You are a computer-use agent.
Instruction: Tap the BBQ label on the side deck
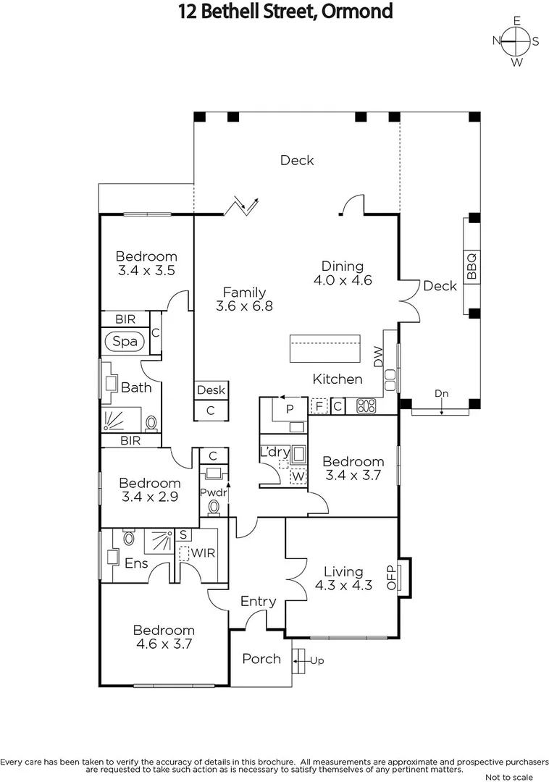click(x=472, y=266)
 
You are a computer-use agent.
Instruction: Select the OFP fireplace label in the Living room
click(x=392, y=577)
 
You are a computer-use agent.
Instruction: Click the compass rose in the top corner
click(x=516, y=41)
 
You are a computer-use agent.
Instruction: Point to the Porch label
click(x=261, y=659)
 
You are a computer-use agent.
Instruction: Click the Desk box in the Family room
click(x=211, y=390)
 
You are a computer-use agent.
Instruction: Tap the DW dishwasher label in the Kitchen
click(x=378, y=356)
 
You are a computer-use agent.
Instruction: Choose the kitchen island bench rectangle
click(x=324, y=349)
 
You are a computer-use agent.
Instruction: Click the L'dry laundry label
click(x=274, y=453)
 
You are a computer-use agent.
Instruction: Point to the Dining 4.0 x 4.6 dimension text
click(x=343, y=280)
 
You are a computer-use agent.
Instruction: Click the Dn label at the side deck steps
click(x=441, y=393)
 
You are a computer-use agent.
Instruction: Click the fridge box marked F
click(x=319, y=405)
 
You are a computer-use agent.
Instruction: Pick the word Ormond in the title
click(x=356, y=11)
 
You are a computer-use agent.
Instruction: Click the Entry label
click(x=258, y=601)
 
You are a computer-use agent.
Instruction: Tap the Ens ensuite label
click(x=136, y=563)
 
